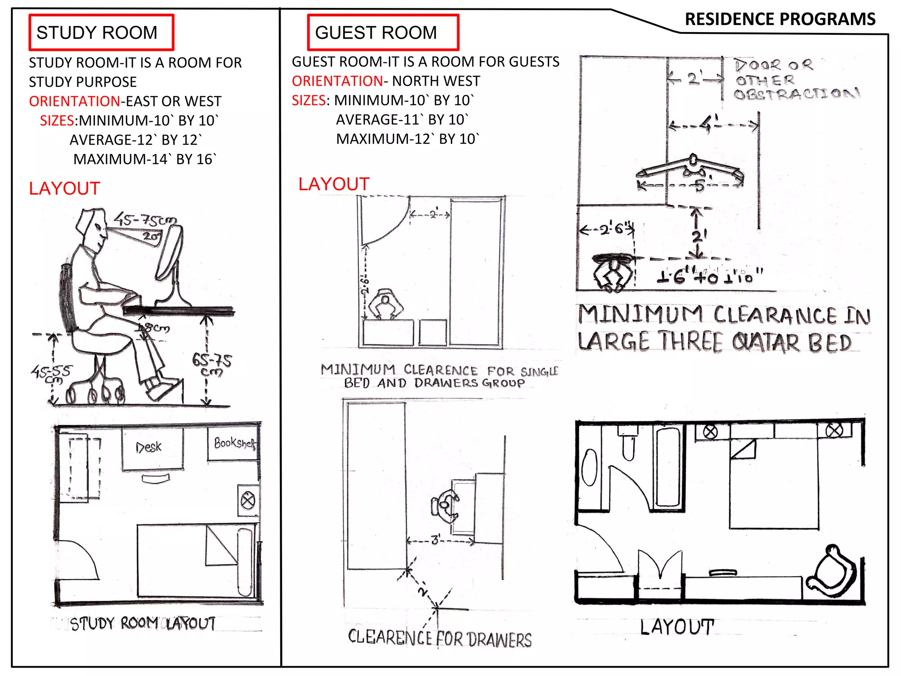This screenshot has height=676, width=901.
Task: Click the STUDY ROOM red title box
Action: [101, 33]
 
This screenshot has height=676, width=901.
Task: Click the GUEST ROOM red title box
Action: [382, 33]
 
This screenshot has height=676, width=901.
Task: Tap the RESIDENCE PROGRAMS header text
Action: [780, 19]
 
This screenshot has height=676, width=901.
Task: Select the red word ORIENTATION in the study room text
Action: [74, 101]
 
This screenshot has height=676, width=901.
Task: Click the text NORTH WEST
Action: [436, 81]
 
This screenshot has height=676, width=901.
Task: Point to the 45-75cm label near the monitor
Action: [145, 219]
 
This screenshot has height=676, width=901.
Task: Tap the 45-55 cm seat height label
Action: [51, 374]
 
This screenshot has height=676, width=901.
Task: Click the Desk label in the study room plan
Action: [149, 447]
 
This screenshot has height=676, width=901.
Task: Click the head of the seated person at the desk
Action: [92, 229]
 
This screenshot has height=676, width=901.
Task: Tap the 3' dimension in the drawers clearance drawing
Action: [436, 540]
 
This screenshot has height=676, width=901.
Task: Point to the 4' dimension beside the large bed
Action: [709, 124]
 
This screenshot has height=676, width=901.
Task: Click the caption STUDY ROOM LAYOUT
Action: [143, 624]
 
